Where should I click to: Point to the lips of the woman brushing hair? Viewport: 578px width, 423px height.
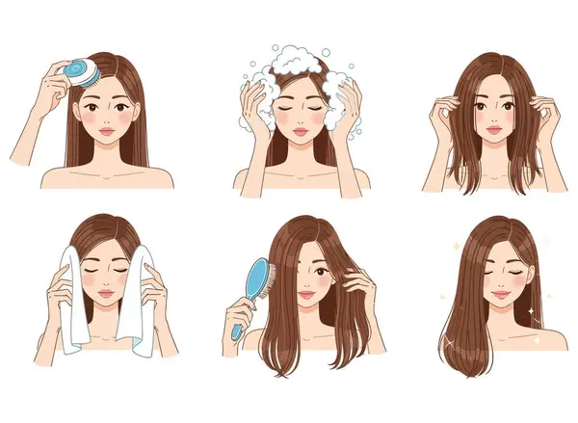tap(305, 297)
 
